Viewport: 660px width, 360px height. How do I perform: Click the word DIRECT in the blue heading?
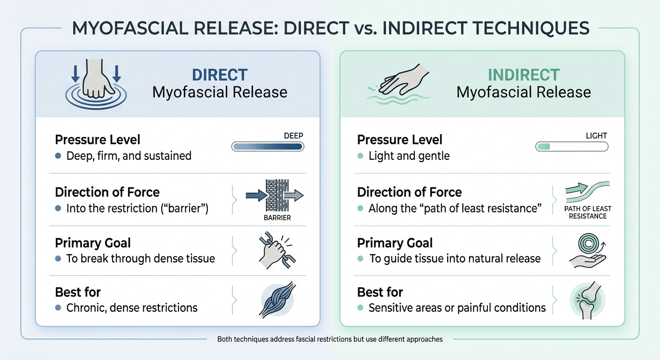[219, 75]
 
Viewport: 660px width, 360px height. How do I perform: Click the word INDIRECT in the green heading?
[524, 75]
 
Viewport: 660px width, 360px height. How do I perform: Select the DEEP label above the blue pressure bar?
[293, 135]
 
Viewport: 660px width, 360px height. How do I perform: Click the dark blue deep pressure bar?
[268, 147]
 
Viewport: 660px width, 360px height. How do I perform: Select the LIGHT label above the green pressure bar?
[596, 135]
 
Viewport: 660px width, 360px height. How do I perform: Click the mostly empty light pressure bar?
[571, 147]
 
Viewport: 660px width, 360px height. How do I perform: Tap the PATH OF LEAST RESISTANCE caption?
[587, 212]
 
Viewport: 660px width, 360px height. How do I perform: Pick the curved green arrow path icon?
[588, 191]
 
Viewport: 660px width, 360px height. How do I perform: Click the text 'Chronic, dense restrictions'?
[132, 308]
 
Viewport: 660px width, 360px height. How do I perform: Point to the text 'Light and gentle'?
[409, 156]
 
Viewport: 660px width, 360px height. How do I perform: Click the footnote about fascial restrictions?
[330, 339]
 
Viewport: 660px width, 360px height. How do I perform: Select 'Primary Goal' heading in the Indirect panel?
[395, 243]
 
